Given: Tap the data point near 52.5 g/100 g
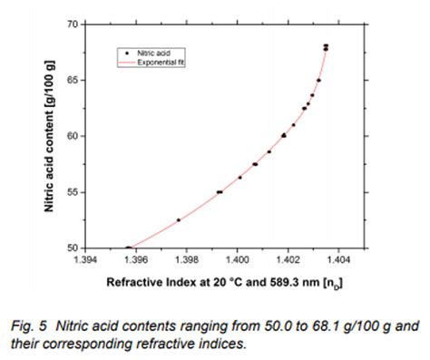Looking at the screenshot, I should [x=178, y=219].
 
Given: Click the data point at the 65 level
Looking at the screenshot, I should [x=318, y=80].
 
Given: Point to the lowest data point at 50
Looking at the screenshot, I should [x=127, y=248].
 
